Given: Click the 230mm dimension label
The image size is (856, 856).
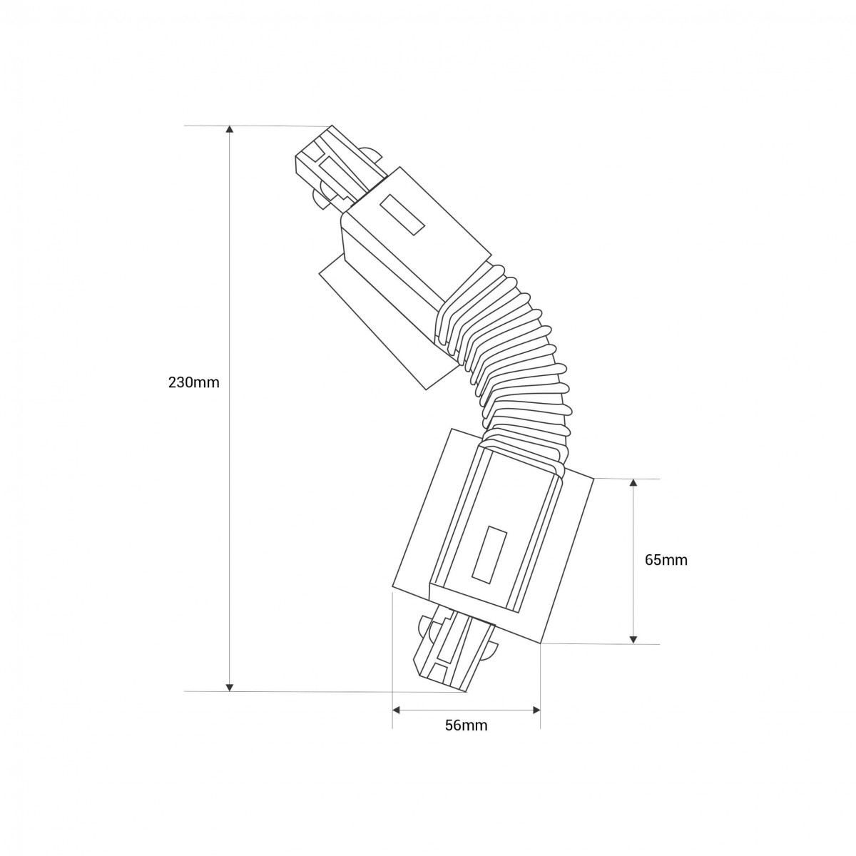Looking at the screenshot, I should [193, 382].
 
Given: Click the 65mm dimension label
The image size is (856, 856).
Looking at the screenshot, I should [666, 560].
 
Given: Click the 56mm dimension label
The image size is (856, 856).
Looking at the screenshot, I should [466, 725].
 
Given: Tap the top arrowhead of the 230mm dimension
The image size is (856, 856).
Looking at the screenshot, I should [229, 129].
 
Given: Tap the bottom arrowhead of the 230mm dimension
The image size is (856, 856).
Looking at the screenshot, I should [229, 687].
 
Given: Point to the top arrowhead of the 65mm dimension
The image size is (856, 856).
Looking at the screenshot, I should [633, 483].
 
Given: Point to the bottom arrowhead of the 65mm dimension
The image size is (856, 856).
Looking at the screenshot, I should [633, 640].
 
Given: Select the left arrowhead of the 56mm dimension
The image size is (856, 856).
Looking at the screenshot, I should [397, 710].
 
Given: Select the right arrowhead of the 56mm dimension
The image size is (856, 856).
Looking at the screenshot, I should [536, 710].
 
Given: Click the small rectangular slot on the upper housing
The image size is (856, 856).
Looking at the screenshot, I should [403, 213].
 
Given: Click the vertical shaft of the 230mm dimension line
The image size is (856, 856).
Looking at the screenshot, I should [229, 499].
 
